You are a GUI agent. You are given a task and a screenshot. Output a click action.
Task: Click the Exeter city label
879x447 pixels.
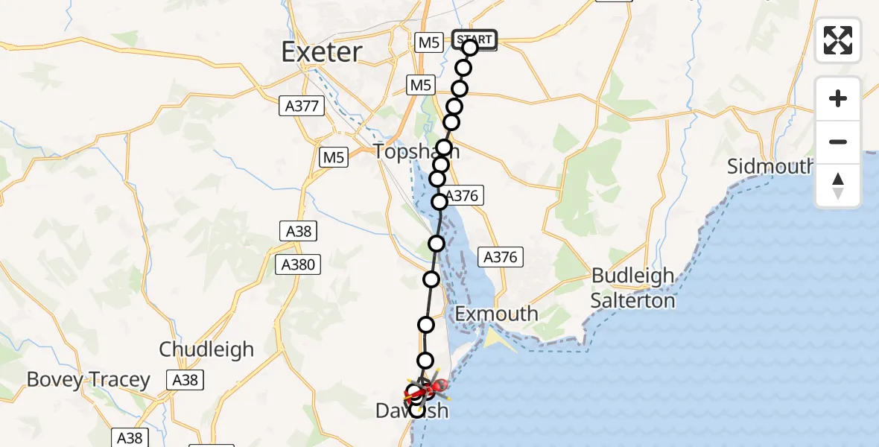tap(322, 51)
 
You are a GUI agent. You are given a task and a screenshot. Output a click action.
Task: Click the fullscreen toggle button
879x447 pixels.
tap(837, 40)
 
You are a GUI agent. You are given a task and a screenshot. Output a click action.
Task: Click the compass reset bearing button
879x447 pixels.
tap(837, 186)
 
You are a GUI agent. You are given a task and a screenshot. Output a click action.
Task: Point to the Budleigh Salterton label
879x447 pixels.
tap(632, 288)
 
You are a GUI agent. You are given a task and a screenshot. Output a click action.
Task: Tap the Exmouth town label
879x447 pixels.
tap(496, 314)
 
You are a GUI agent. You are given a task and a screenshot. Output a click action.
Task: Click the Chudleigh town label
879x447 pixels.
tap(206, 349)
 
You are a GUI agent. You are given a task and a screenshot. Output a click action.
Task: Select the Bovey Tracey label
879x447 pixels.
tap(88, 379)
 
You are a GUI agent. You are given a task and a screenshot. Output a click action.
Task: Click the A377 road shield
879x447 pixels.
tap(302, 107)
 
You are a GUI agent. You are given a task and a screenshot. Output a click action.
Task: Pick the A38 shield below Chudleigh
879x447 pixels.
tap(185, 380)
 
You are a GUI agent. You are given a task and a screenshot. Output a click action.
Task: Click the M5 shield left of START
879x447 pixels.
tap(428, 43)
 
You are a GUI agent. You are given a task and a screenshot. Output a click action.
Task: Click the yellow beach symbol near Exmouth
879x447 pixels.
tap(492, 339)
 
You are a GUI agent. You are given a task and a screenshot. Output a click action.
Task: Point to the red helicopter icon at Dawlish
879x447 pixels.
tap(439, 385)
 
